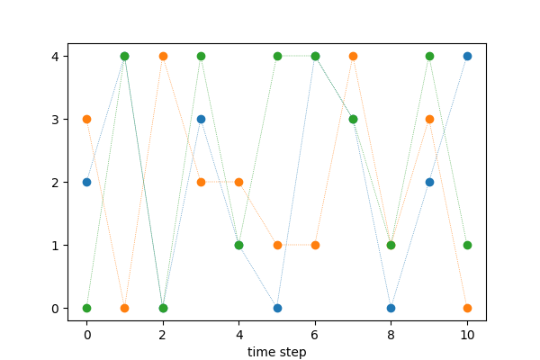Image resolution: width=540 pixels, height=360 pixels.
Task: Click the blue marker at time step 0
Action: pyautogui.click(x=86, y=182)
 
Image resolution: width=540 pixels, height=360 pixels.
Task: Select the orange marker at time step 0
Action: pyautogui.click(x=86, y=119)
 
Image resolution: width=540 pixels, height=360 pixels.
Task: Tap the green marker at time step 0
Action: pyautogui.click(x=86, y=308)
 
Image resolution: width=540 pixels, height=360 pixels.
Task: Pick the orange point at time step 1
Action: pyautogui.click(x=124, y=308)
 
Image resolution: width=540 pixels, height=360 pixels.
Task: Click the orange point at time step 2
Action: pyautogui.click(x=163, y=56)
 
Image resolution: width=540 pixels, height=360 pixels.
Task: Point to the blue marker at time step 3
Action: pyautogui.click(x=201, y=119)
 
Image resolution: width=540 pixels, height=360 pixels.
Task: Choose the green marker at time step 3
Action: pyautogui.click(x=201, y=56)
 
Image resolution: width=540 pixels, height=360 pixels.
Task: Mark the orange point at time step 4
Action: pyautogui.click(x=238, y=182)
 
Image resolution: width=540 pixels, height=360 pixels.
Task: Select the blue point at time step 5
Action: pyautogui.click(x=277, y=308)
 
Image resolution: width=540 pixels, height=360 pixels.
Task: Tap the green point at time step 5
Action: pyautogui.click(x=277, y=56)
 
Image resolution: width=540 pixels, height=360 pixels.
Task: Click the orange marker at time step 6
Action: pyautogui.click(x=315, y=245)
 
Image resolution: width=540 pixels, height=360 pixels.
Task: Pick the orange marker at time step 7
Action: pyautogui.click(x=353, y=56)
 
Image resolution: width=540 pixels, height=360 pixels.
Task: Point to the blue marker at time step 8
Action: pyautogui.click(x=391, y=308)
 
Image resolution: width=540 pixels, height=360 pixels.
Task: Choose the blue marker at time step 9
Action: pyautogui.click(x=429, y=182)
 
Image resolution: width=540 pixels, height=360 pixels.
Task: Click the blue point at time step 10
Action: pyautogui.click(x=467, y=56)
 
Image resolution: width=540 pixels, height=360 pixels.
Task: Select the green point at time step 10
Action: pyautogui.click(x=467, y=245)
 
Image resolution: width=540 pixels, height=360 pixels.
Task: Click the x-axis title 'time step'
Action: pyautogui.click(x=277, y=352)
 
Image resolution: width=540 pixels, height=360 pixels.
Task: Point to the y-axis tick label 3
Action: pyautogui.click(x=56, y=120)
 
